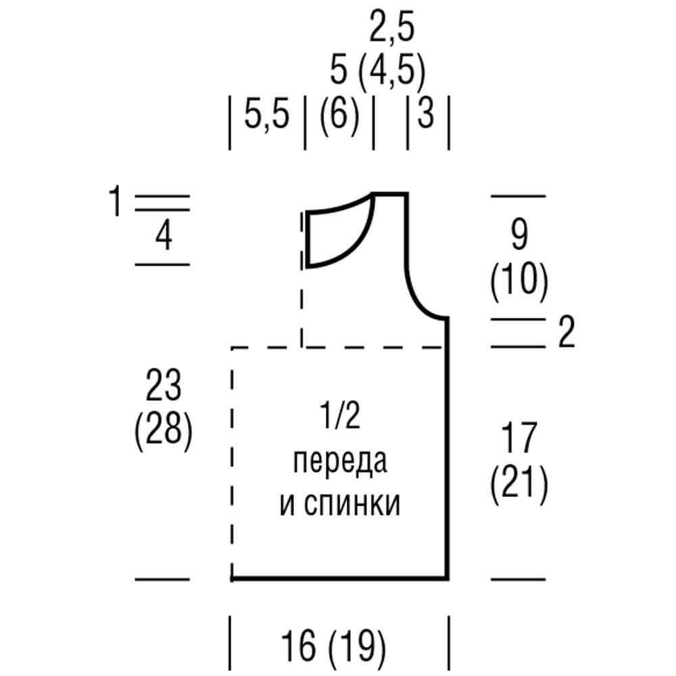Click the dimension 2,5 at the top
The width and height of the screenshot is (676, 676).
tap(391, 29)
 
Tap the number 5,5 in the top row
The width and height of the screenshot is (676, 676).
tap(266, 115)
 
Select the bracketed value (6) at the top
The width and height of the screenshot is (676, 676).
tap(339, 115)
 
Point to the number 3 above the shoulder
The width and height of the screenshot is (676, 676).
tap(426, 115)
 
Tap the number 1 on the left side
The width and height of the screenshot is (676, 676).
tap(116, 203)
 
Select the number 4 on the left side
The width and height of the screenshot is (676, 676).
tap(163, 237)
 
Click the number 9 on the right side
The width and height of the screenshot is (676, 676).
tap(518, 236)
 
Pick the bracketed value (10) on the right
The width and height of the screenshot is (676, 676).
tap(518, 282)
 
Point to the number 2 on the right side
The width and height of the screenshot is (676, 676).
tap(566, 333)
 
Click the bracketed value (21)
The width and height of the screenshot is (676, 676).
tap(518, 484)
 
